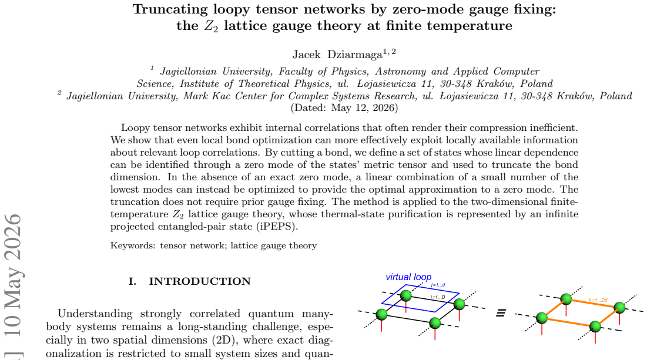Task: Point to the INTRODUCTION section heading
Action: coord(200,281)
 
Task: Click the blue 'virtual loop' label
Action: coord(408,277)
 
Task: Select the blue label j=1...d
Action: coord(438,285)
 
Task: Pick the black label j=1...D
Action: coord(438,297)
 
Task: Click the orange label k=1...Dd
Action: coord(598,300)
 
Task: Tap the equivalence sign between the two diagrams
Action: coord(501,314)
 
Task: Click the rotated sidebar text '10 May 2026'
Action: coord(12,274)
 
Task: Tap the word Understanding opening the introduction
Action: coord(95,314)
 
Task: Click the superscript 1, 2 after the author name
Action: coord(389,52)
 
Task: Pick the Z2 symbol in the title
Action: coord(211,26)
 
